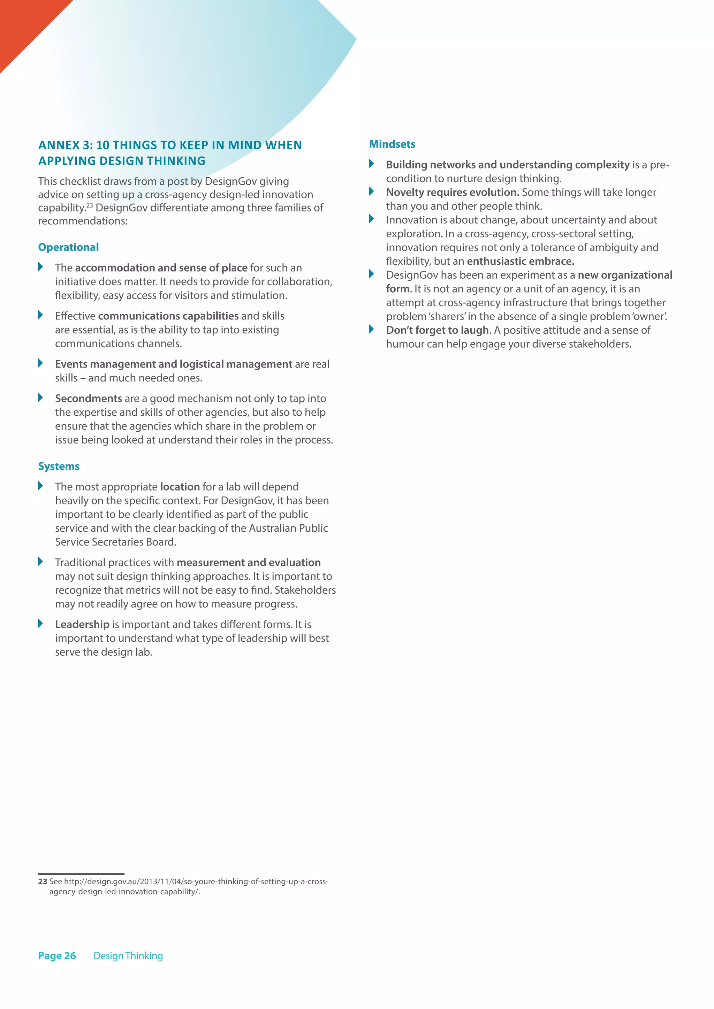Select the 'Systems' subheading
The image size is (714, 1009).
tap(59, 466)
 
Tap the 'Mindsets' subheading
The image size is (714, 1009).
tap(392, 144)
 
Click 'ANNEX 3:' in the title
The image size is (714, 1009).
tap(65, 145)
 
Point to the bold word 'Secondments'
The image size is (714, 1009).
tap(88, 399)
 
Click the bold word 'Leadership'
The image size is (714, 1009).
tap(82, 624)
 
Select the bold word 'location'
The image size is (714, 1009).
tap(180, 487)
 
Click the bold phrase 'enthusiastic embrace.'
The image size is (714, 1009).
tap(520, 261)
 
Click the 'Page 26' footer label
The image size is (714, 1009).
tap(57, 956)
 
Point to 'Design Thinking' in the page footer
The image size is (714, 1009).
tap(128, 956)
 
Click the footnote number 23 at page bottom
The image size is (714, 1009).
tap(43, 881)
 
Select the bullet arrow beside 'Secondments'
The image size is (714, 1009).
tap(40, 398)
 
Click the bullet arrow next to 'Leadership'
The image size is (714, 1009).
tap(40, 624)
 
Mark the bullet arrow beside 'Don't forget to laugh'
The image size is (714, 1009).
tap(372, 329)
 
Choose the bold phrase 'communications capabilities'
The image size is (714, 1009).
tap(168, 316)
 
